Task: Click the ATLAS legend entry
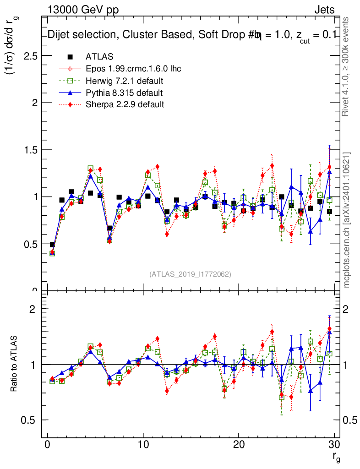99,57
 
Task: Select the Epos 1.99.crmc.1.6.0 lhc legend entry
133,69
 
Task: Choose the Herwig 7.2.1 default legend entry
125,81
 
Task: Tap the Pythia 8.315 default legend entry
124,93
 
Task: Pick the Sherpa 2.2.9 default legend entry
125,104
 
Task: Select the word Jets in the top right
324,10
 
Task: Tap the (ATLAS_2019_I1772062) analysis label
190,274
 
